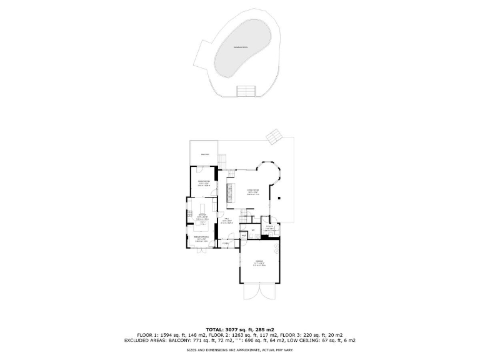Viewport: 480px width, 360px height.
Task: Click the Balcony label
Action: (x=204, y=154)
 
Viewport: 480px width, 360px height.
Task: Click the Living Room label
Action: (x=252, y=191)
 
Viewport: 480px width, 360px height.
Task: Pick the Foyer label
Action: (x=234, y=243)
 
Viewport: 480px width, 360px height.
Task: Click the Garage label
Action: (x=259, y=262)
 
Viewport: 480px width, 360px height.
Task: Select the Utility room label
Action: (x=270, y=228)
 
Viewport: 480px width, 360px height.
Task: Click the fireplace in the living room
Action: (x=230, y=194)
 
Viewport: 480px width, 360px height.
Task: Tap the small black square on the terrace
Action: (x=280, y=198)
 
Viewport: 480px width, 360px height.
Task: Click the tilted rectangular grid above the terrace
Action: (x=274, y=137)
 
